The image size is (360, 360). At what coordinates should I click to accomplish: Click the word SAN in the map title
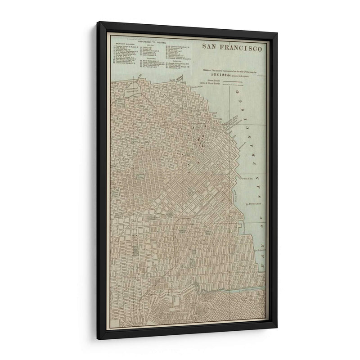point(210,46)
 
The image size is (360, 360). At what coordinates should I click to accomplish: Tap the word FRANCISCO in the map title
point(243,47)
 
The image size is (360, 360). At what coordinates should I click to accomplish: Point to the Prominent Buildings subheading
point(125,45)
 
